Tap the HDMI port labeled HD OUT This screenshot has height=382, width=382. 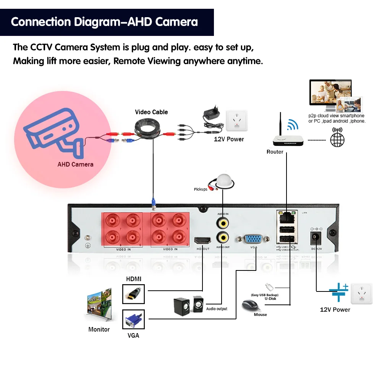(202, 241)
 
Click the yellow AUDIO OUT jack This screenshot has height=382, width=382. (222, 237)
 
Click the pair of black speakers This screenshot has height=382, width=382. (188, 305)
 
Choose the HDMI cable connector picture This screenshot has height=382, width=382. (134, 294)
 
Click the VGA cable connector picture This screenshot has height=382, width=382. (134, 320)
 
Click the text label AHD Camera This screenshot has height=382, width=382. (75, 164)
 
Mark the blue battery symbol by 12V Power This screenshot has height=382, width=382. (339, 291)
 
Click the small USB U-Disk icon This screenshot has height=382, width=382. (269, 286)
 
